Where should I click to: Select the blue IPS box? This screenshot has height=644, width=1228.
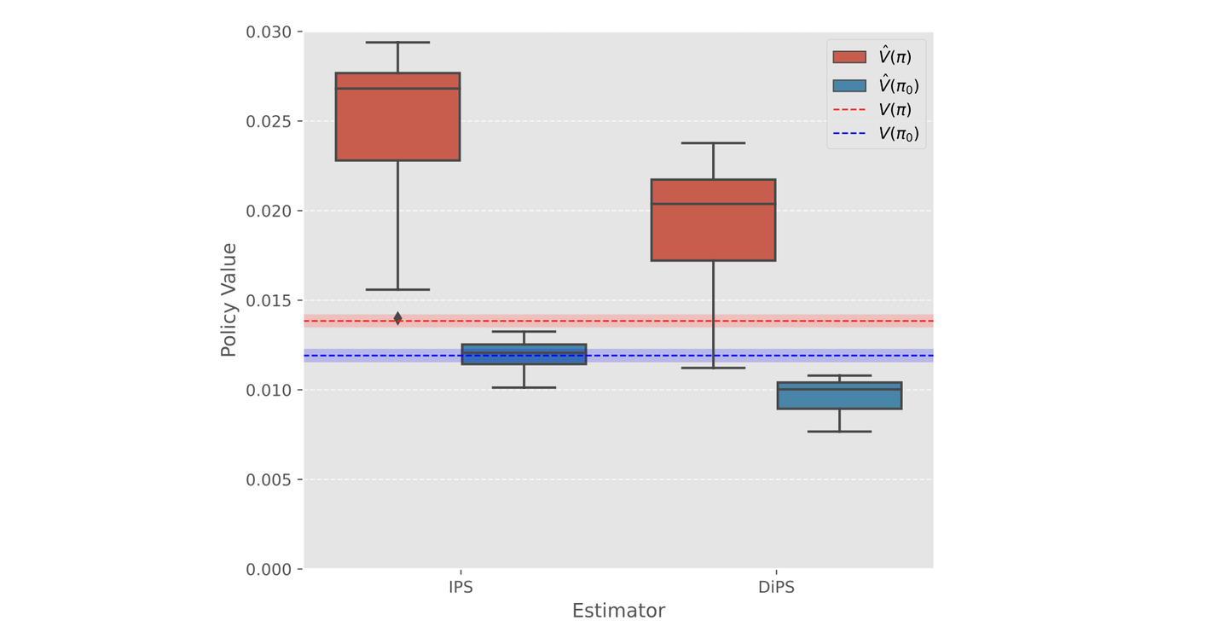[x=524, y=354]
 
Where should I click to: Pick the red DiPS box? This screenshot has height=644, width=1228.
[x=713, y=220]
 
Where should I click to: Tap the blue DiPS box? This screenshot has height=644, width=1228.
[x=839, y=396]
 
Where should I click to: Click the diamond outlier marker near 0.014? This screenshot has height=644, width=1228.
[x=397, y=318]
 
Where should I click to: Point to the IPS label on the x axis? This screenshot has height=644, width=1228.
[x=460, y=588]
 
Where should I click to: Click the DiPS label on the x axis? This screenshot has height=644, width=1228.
[x=776, y=588]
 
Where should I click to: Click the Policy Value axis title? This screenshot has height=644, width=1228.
[x=229, y=300]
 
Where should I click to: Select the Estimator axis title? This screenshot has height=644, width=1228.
[x=618, y=612]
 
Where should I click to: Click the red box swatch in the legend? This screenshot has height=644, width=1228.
[x=849, y=57]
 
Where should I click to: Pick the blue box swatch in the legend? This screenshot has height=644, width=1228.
[x=849, y=85]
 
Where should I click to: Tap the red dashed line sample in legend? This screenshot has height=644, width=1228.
[x=849, y=110]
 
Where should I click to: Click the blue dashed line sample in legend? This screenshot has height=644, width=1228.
[x=849, y=134]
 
